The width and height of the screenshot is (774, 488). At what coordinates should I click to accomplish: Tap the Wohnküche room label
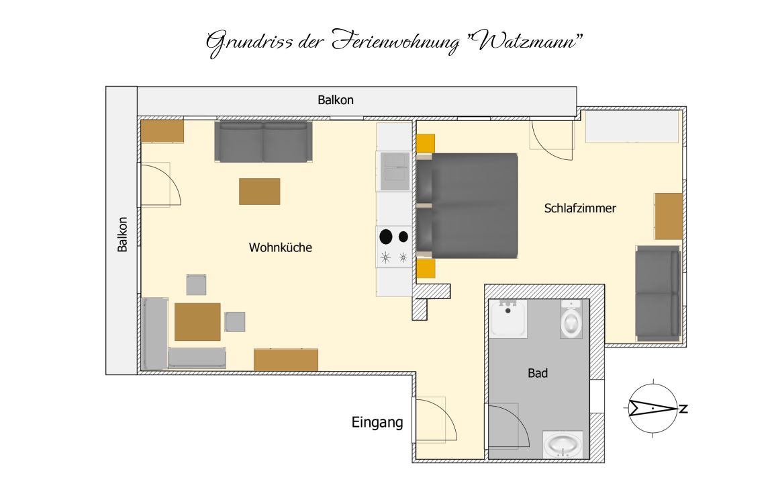281,247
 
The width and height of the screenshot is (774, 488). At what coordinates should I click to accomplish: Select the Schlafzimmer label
580,208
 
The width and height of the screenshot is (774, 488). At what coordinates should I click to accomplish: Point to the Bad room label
538,373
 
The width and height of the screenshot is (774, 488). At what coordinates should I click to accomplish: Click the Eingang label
377,422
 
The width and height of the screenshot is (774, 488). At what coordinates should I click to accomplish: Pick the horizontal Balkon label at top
336,100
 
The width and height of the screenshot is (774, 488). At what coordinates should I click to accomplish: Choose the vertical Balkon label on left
122,235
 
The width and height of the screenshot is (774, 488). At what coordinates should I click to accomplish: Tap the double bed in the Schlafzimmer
467,206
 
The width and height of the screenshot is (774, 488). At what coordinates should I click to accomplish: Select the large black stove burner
386,237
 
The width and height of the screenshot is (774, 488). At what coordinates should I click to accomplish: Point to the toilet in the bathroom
571,320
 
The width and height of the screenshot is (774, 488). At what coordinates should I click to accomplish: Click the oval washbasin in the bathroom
563,444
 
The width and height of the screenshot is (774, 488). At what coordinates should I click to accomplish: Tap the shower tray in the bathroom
509,319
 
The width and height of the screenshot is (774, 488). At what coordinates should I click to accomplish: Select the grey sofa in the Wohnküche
263,141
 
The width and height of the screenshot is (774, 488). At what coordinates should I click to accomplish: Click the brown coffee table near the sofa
260,192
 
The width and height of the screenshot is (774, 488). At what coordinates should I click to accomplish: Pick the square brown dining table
197,322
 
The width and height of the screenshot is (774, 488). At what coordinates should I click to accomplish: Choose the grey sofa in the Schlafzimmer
658,293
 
